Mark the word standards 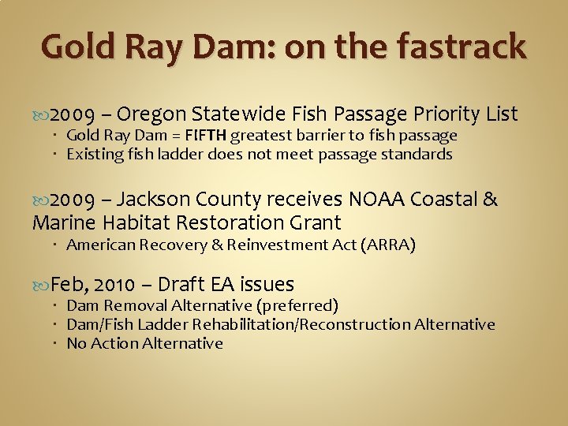[x=417, y=154]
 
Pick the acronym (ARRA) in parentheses [x=387, y=245]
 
